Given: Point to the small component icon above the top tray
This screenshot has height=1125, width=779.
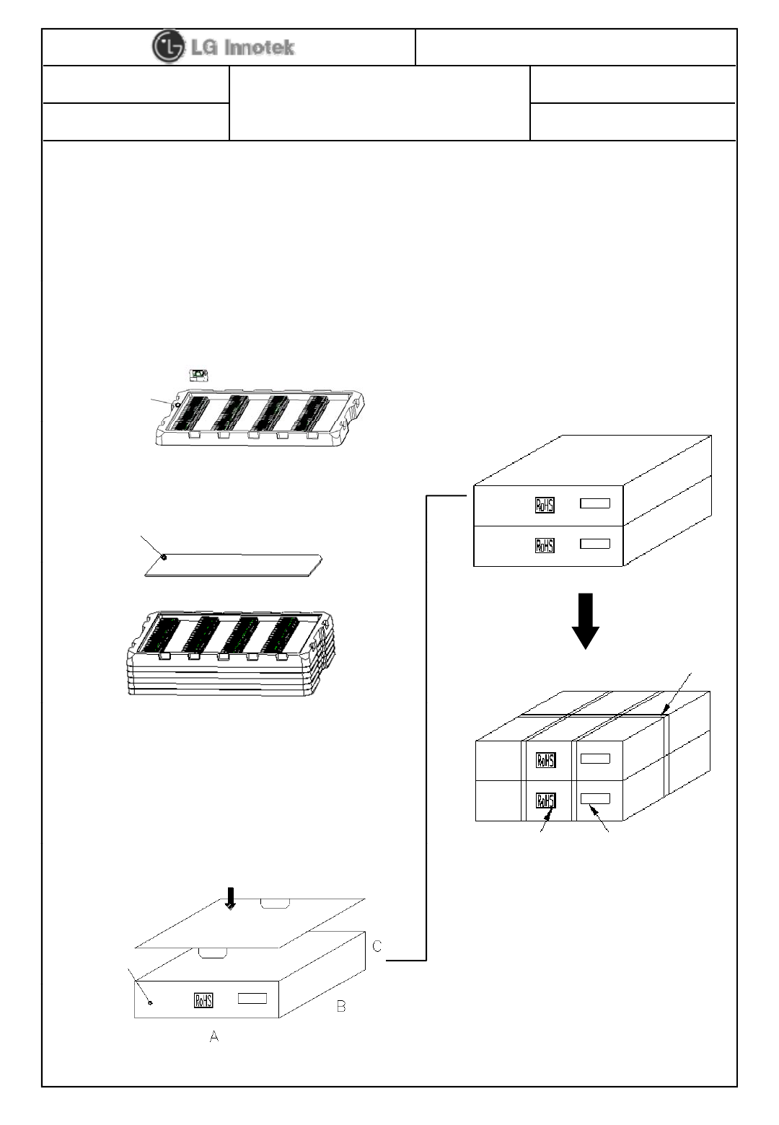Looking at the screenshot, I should coord(198,375).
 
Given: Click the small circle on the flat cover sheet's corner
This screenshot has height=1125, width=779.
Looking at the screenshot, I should coord(164,557).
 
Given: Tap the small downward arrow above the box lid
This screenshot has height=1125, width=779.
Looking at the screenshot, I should coord(230,897).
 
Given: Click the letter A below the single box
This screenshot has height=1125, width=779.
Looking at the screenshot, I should coord(214,1036).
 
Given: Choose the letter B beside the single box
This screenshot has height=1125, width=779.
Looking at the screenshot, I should coord(341,1006).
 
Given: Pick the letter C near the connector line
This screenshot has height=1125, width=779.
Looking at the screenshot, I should coord(377,945).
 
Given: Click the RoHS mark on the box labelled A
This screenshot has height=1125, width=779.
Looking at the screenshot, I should coord(203,1000).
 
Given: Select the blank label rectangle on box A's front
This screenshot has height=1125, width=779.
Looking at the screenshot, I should coord(252,998).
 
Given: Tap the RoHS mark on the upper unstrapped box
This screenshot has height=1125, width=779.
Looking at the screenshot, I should coord(545,505).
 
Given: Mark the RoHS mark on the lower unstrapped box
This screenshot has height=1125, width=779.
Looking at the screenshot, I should coord(545,545).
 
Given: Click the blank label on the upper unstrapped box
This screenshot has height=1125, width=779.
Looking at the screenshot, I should coord(595,503).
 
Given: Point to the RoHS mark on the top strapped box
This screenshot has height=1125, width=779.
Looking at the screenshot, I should coord(545,759).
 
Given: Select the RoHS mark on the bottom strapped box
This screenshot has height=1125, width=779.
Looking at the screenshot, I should coord(545,800).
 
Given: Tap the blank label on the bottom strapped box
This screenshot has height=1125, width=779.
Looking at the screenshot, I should coord(595,798).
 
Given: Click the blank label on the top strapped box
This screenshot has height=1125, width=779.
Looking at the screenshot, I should coord(595,759).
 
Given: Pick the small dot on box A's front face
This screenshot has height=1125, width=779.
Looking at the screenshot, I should coord(149,1002).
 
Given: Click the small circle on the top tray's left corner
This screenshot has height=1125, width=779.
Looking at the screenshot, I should coord(177,405).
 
